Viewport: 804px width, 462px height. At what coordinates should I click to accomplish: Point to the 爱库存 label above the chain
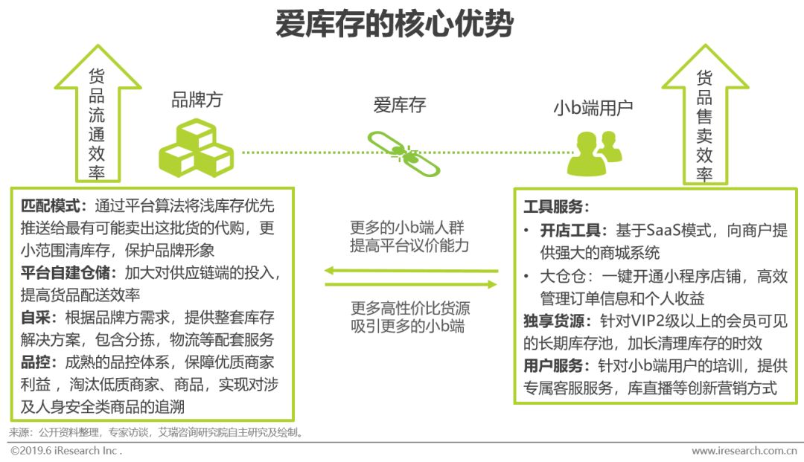click(400, 105)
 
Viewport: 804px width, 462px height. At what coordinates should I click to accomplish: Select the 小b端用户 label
click(593, 108)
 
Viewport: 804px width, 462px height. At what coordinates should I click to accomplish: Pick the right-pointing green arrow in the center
click(411, 285)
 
